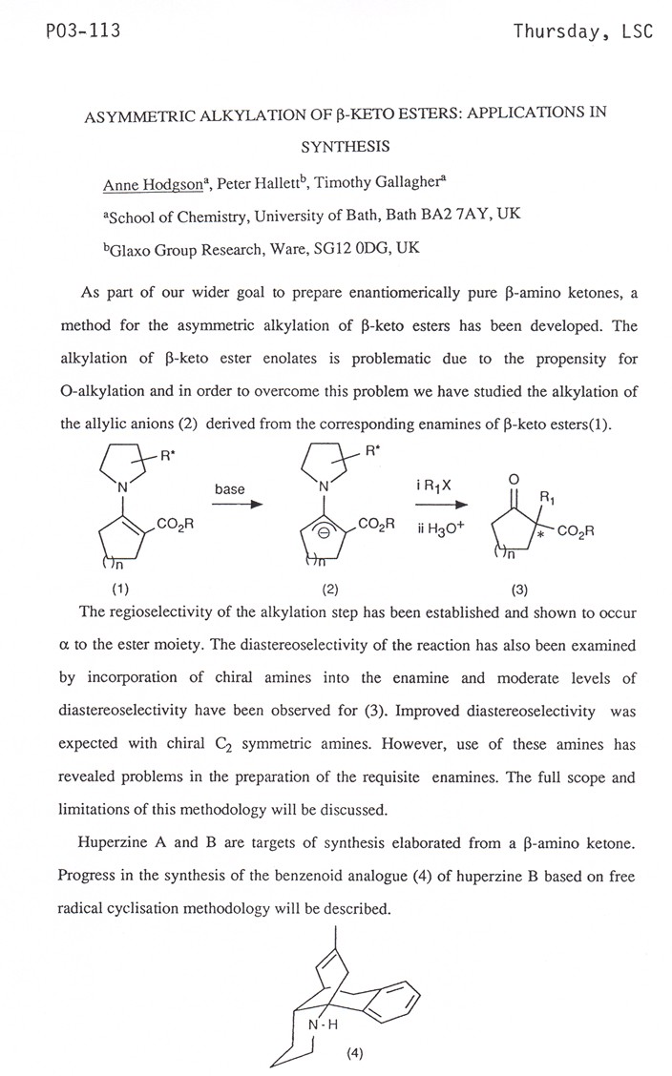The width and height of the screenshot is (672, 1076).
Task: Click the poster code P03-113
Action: point(69,31)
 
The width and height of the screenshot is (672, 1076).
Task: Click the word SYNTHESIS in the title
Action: point(344,148)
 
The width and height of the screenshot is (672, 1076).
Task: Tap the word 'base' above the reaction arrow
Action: point(229,489)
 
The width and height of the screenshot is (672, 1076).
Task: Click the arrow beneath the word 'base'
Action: point(236,507)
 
